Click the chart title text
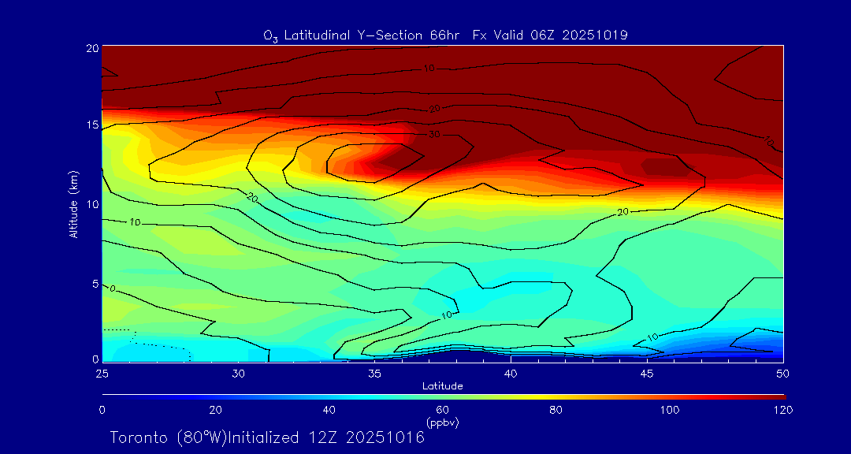click(x=446, y=35)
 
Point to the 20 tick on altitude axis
click(x=91, y=48)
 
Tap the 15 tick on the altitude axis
click(x=91, y=125)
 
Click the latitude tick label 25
click(x=102, y=372)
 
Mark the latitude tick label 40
click(x=511, y=372)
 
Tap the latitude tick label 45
click(x=647, y=372)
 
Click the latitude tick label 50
click(x=783, y=372)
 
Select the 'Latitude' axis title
click(x=442, y=385)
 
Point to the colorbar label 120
click(x=783, y=410)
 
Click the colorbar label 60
click(x=443, y=410)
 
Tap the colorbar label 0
click(x=102, y=410)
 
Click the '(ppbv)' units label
click(x=443, y=422)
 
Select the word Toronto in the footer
click(x=136, y=437)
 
